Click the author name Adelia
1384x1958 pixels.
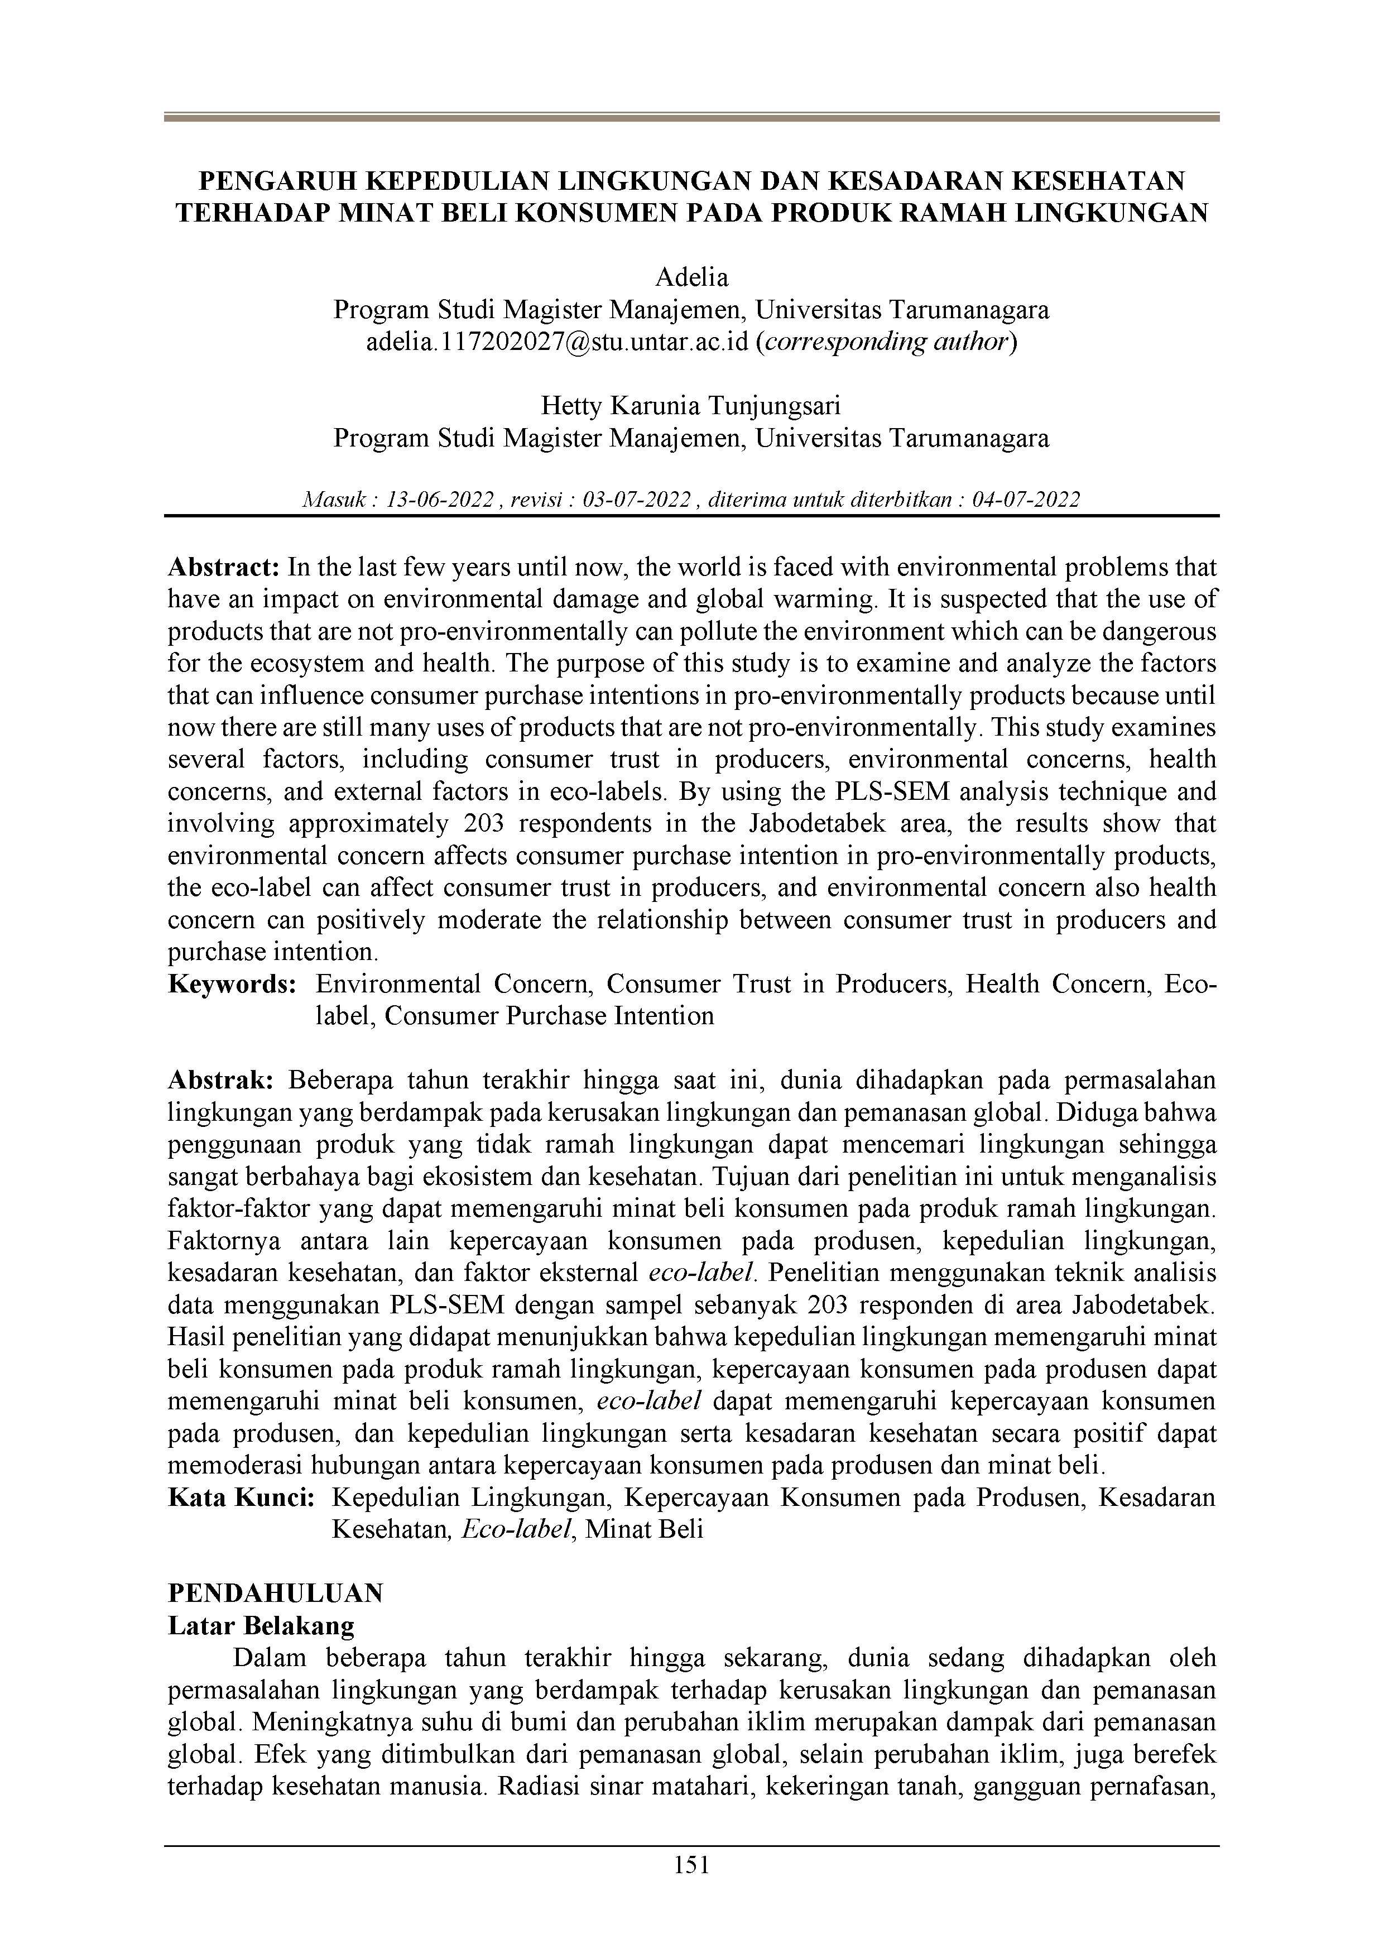[691, 278]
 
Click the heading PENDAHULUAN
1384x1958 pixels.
[276, 1593]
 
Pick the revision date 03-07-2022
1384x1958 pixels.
[636, 500]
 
